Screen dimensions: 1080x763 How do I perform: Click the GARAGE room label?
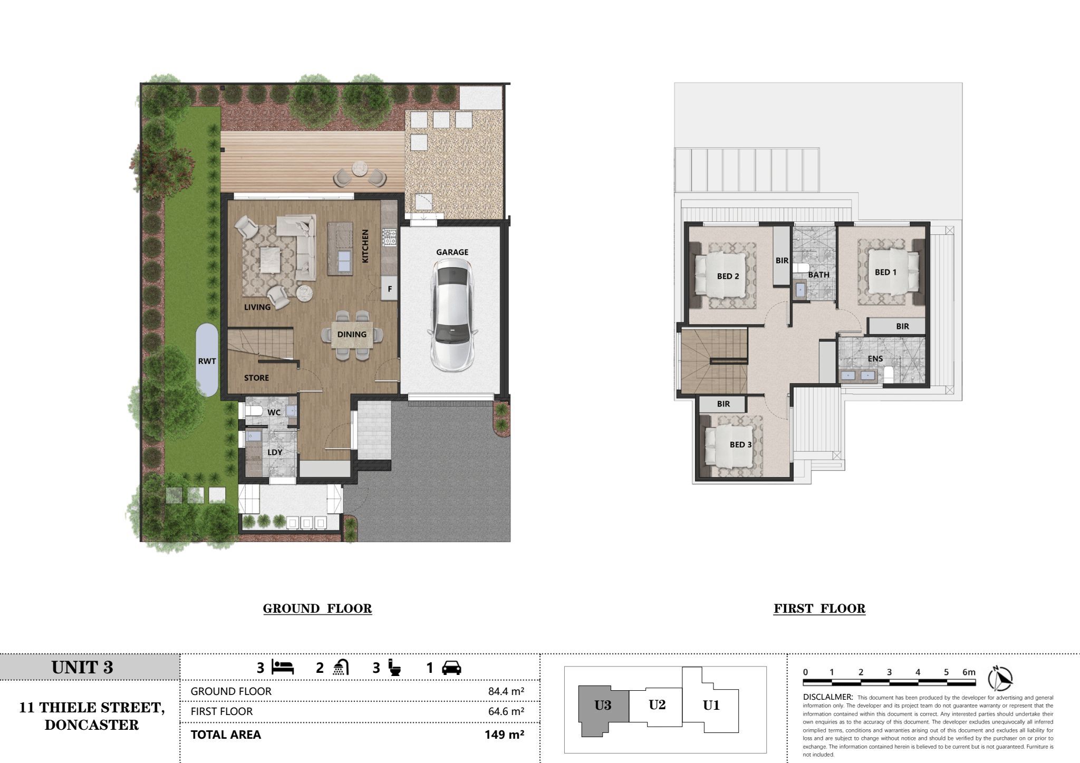click(x=452, y=252)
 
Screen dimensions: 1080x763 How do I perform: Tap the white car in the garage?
click(x=452, y=316)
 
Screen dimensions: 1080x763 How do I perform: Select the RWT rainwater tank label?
click(x=207, y=361)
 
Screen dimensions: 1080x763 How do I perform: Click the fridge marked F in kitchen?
click(x=390, y=288)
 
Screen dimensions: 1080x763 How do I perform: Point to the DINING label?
click(x=352, y=334)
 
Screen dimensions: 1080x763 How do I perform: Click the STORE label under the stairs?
click(x=256, y=378)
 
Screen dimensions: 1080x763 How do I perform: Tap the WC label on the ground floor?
click(x=274, y=412)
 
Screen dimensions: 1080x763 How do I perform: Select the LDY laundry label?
click(x=275, y=452)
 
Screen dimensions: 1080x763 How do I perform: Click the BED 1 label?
click(x=885, y=272)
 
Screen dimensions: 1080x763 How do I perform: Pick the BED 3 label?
click(x=740, y=445)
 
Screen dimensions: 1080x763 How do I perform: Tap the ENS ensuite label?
click(x=875, y=359)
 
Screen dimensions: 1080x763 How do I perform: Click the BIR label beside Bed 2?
click(x=782, y=260)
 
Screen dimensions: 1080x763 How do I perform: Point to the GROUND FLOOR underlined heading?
click(x=317, y=609)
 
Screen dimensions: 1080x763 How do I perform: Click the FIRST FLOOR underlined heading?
click(x=819, y=609)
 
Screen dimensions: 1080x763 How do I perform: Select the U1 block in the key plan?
click(x=711, y=705)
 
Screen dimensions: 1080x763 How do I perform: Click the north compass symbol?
click(x=1001, y=679)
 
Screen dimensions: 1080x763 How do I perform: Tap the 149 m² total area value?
click(x=504, y=735)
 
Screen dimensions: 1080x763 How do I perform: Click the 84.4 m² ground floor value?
click(x=506, y=691)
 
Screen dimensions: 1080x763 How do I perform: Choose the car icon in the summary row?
click(x=451, y=668)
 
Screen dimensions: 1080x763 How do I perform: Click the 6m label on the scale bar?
click(x=969, y=672)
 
